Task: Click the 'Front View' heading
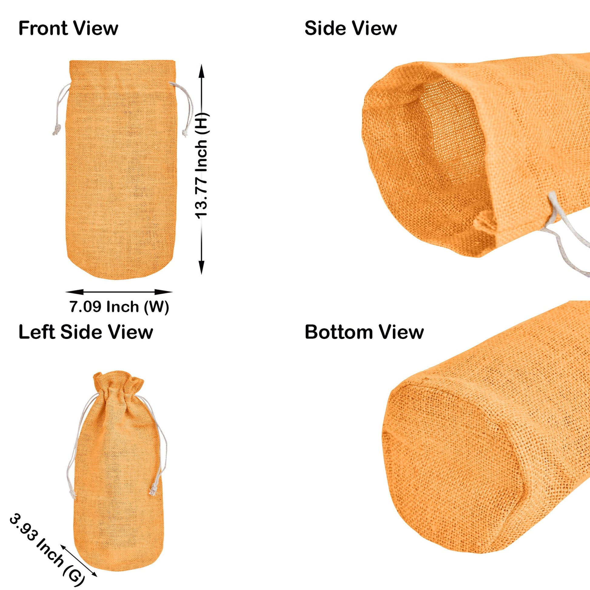pyautogui.click(x=68, y=28)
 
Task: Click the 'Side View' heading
pyautogui.click(x=350, y=28)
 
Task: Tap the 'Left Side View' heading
pyautogui.click(x=85, y=332)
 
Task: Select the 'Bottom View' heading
pyautogui.click(x=364, y=332)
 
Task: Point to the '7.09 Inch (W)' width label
pyautogui.click(x=119, y=307)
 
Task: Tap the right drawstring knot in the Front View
pyautogui.click(x=184, y=132)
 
